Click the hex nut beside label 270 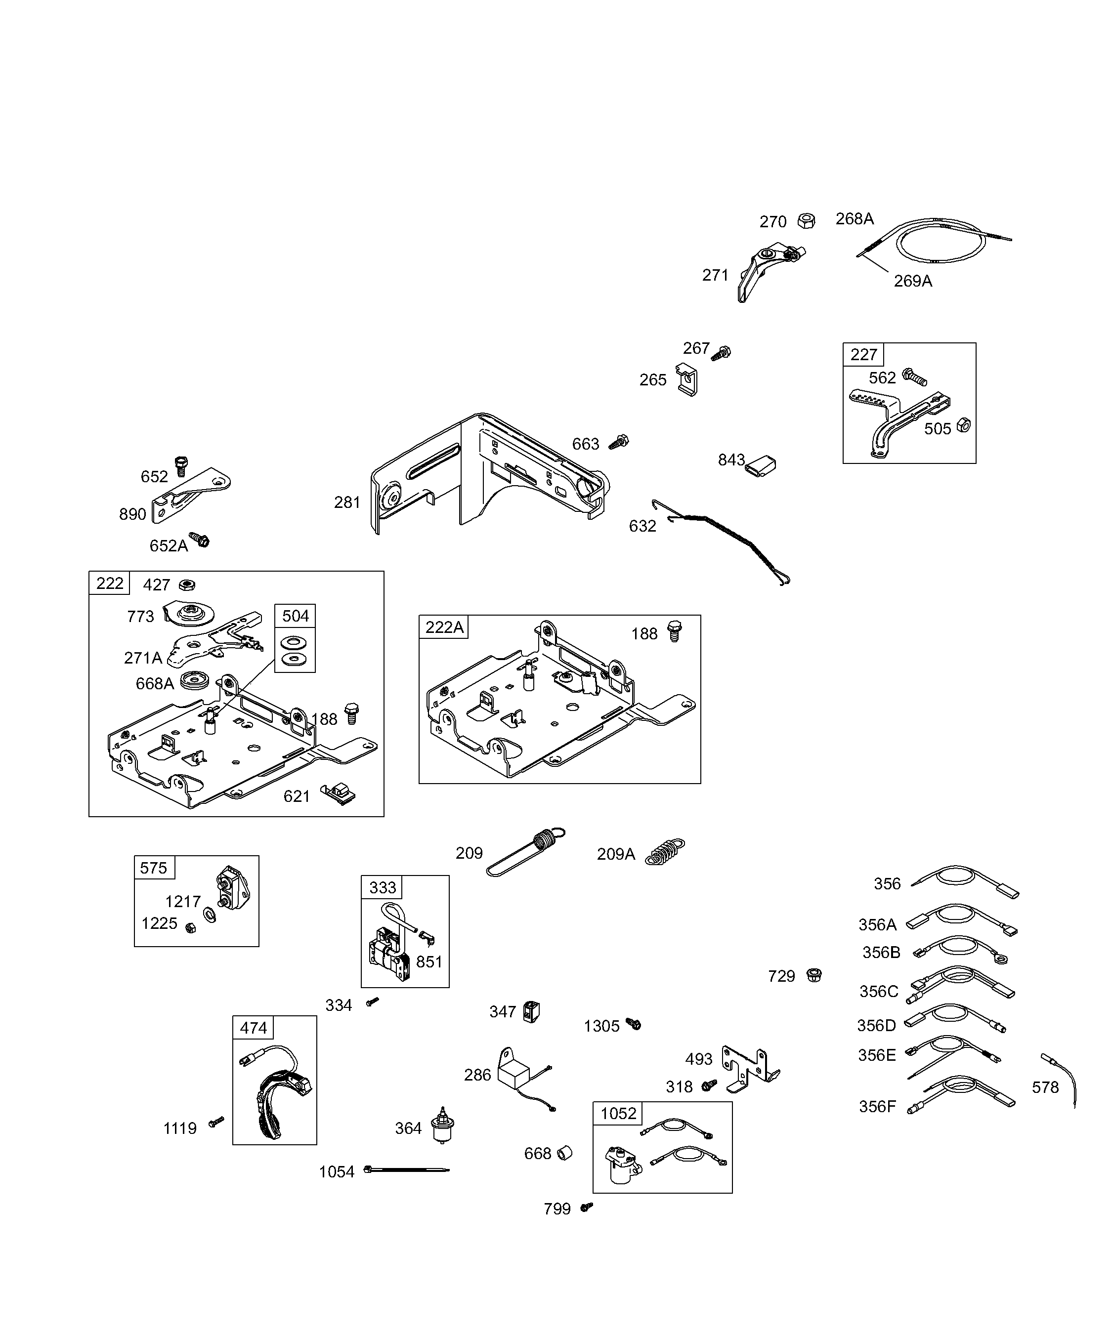point(807,221)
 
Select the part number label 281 point(347,502)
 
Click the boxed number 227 point(863,354)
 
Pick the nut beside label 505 point(963,425)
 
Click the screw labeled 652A point(200,540)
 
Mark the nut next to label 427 point(187,584)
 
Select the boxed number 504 point(295,616)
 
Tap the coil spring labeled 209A point(665,851)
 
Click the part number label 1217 point(182,901)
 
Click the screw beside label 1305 point(634,1024)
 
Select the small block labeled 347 point(531,1011)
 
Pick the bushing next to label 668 point(565,1153)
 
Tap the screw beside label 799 point(587,1207)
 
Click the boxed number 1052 point(618,1113)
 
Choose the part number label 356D point(876,1025)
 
